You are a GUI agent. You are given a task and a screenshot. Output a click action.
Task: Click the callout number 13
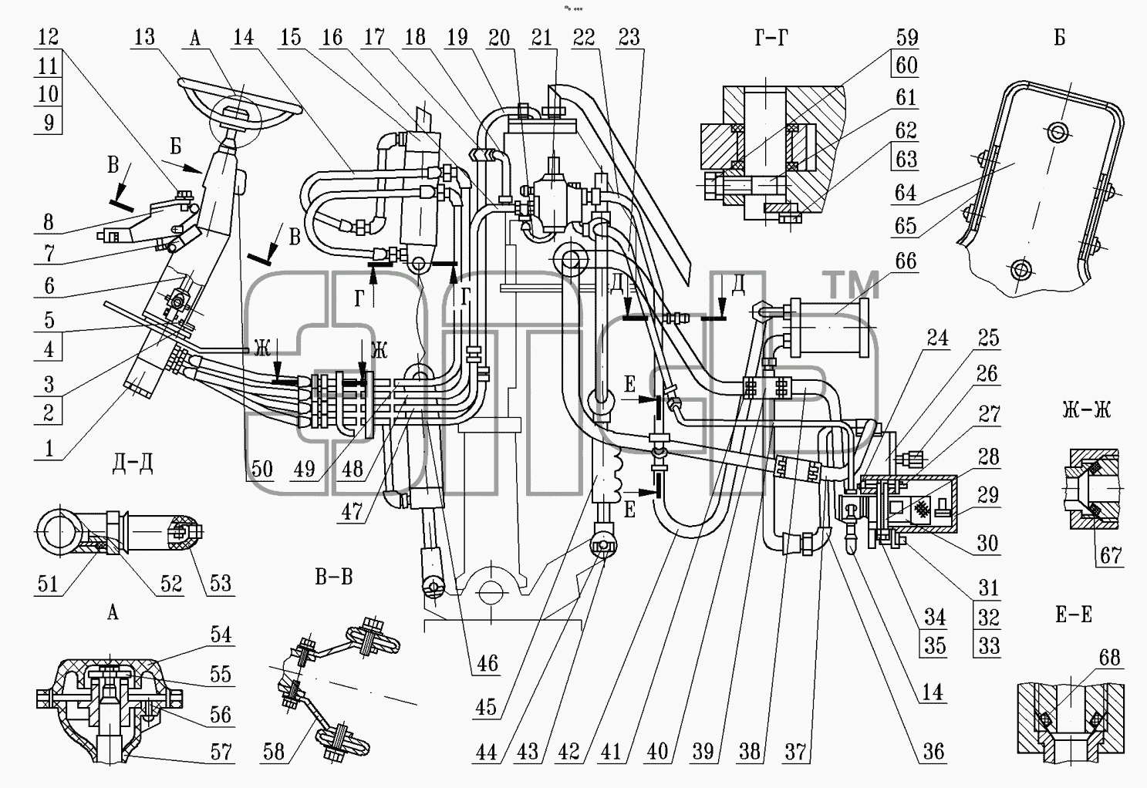coord(144,37)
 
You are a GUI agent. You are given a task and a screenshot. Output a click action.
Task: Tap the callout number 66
coord(906,261)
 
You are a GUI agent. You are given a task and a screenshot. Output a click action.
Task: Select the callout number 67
coord(1111,555)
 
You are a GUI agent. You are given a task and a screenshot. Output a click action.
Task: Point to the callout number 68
coord(1110,658)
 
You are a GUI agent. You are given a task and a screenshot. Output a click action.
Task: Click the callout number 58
coord(274,752)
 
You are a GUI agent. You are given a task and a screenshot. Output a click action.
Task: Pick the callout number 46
coord(487,664)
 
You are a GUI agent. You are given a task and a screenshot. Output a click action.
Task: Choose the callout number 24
coord(937,338)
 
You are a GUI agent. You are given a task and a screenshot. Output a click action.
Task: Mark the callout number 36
coord(933,752)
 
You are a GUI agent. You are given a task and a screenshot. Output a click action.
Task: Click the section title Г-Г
coord(771,38)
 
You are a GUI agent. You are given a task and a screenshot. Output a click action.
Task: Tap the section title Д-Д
coord(132,463)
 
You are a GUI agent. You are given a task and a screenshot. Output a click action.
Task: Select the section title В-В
coord(334,577)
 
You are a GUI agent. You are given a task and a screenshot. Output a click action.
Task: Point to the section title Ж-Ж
coord(1087,410)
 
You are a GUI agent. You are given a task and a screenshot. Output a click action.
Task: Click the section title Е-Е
coord(1074,615)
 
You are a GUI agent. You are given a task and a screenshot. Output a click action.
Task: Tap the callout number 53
coord(221,584)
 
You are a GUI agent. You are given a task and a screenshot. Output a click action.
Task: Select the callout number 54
coord(221,635)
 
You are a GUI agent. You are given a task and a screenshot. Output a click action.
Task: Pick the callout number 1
coord(49,449)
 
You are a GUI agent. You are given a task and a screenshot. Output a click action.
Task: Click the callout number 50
coord(262,470)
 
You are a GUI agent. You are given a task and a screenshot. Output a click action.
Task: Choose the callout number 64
coord(906,193)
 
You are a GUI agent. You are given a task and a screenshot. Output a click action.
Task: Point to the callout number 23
coord(629,37)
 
